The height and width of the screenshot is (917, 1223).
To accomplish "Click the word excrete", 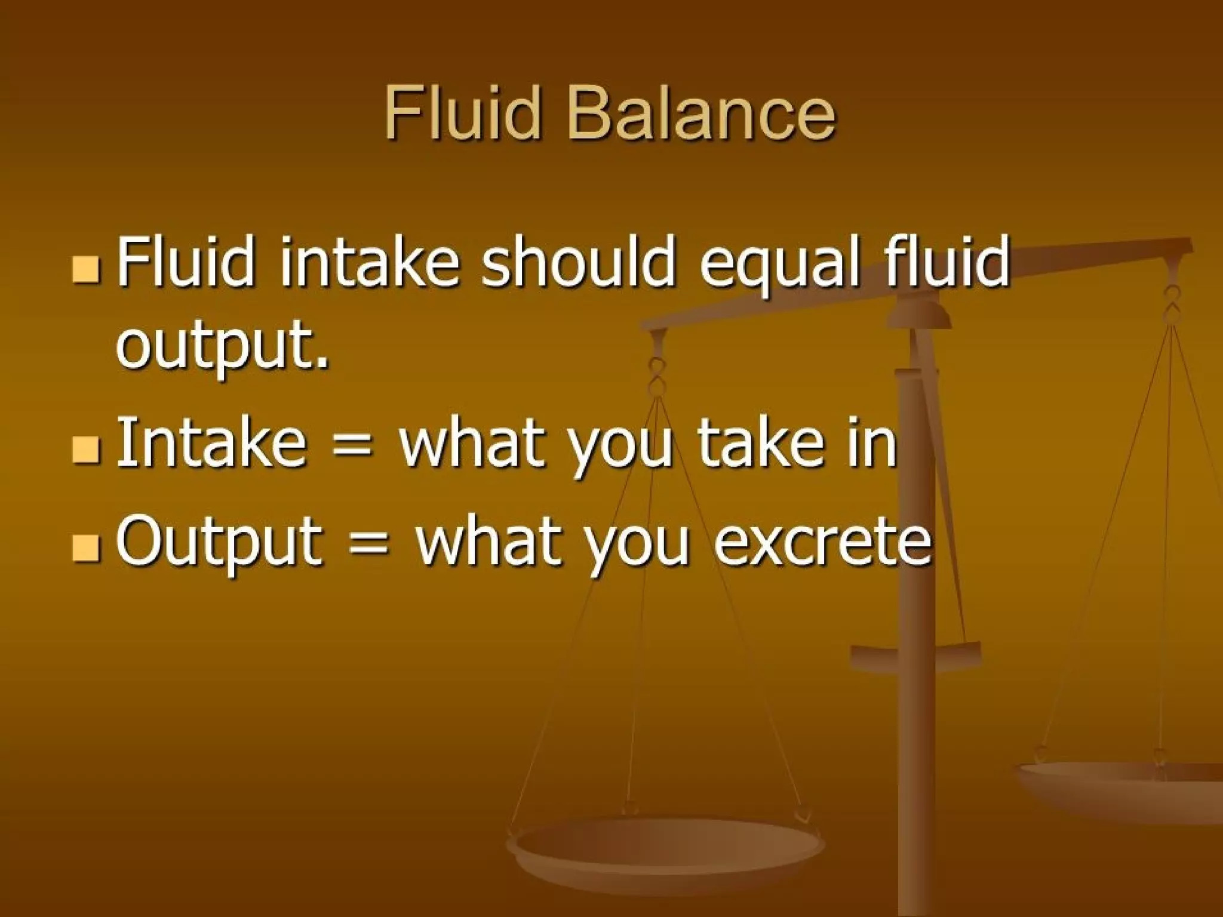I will click(823, 541).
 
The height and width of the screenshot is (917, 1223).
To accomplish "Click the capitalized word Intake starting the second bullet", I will click(210, 442).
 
